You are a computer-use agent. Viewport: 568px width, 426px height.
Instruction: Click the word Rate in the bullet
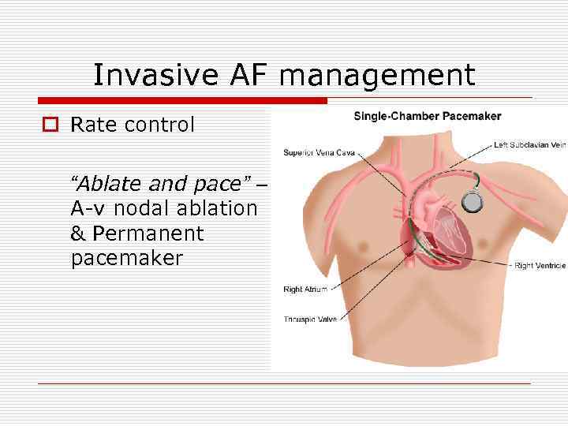92,125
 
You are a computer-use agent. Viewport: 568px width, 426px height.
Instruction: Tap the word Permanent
148,234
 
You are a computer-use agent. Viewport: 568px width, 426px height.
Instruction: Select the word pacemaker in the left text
126,258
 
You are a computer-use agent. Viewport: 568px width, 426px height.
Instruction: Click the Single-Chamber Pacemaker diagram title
427,116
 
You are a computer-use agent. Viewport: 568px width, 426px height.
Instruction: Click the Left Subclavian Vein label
529,145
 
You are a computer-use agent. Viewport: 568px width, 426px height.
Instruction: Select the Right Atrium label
305,290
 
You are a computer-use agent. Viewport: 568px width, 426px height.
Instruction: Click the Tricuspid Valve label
308,319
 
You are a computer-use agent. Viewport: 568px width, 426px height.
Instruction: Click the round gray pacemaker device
472,202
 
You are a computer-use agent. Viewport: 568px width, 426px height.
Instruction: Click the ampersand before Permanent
78,234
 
